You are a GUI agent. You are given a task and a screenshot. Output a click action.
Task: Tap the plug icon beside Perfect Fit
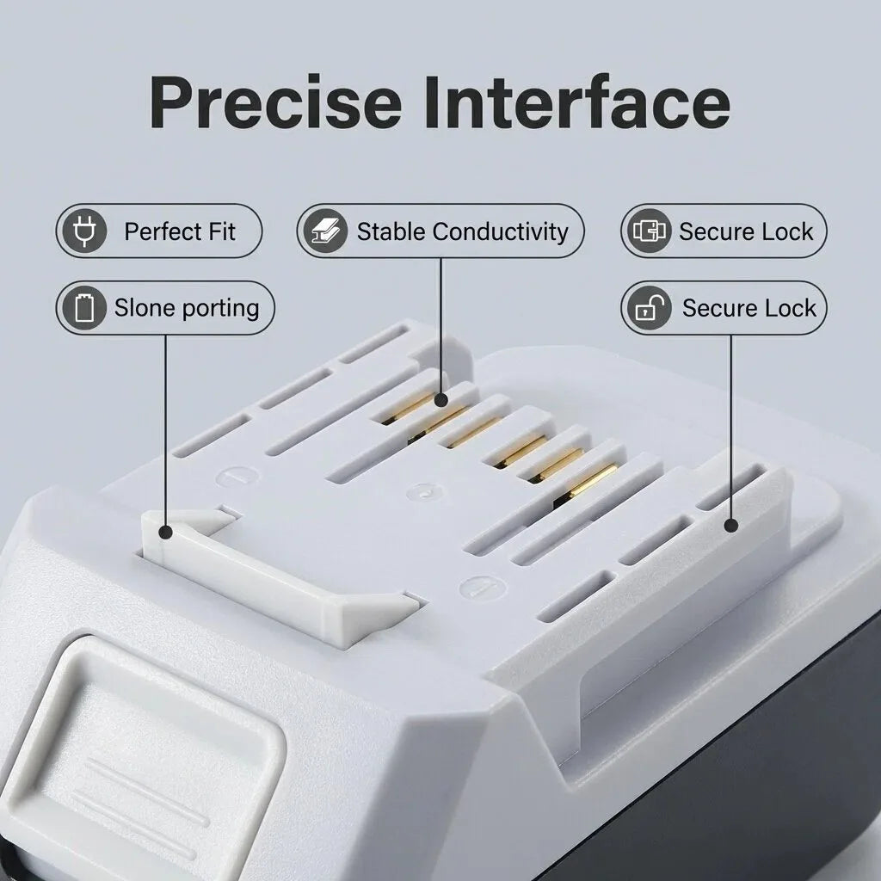84,231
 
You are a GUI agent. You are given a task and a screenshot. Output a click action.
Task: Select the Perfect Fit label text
180,231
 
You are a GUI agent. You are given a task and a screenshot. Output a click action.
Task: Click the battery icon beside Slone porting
84,308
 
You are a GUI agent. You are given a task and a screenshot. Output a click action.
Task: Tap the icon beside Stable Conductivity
325,231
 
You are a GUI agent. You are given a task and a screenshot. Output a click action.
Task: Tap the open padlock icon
649,308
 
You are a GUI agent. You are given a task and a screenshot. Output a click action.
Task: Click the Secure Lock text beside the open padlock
749,308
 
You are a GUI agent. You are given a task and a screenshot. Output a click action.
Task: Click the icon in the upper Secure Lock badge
649,231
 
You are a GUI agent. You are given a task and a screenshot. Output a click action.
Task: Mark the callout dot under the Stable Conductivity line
441,400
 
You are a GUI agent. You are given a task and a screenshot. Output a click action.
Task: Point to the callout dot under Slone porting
166,532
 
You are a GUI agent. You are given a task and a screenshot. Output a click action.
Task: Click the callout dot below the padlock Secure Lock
731,526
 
